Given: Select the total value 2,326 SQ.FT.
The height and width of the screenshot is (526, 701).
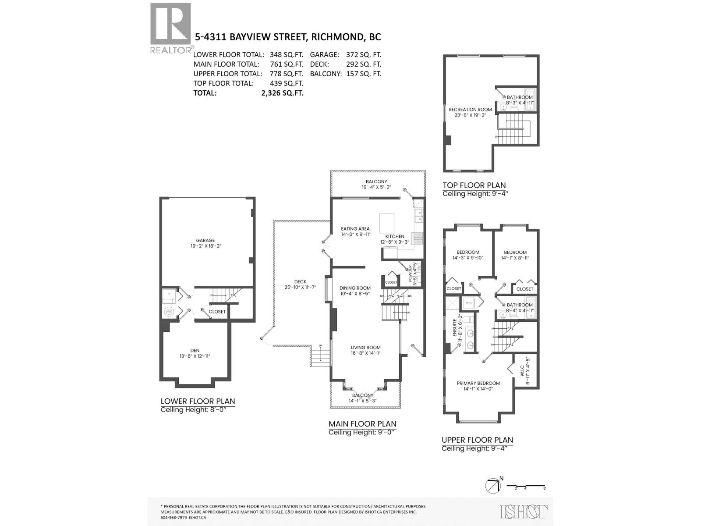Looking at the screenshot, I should (x=282, y=93).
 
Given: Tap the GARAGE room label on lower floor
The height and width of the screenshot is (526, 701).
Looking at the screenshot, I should (x=205, y=240).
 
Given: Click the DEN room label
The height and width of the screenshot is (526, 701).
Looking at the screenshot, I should (x=195, y=350).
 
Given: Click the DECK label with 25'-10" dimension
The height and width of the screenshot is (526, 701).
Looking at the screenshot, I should (x=300, y=282).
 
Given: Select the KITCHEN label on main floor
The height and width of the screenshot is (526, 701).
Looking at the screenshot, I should (x=395, y=236).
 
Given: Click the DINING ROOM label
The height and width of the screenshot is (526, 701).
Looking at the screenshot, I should (x=355, y=288).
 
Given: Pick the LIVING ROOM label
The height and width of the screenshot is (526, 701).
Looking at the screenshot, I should (x=365, y=348).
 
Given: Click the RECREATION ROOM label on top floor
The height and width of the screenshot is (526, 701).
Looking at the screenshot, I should (x=470, y=110).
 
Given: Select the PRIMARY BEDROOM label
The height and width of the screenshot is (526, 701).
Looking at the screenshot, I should (x=478, y=383).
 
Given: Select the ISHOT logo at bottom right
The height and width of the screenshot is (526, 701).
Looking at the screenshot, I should (x=524, y=511).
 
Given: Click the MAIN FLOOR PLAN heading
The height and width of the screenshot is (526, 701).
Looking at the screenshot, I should (x=362, y=424).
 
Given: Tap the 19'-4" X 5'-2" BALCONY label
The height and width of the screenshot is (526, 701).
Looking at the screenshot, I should (x=376, y=184).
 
